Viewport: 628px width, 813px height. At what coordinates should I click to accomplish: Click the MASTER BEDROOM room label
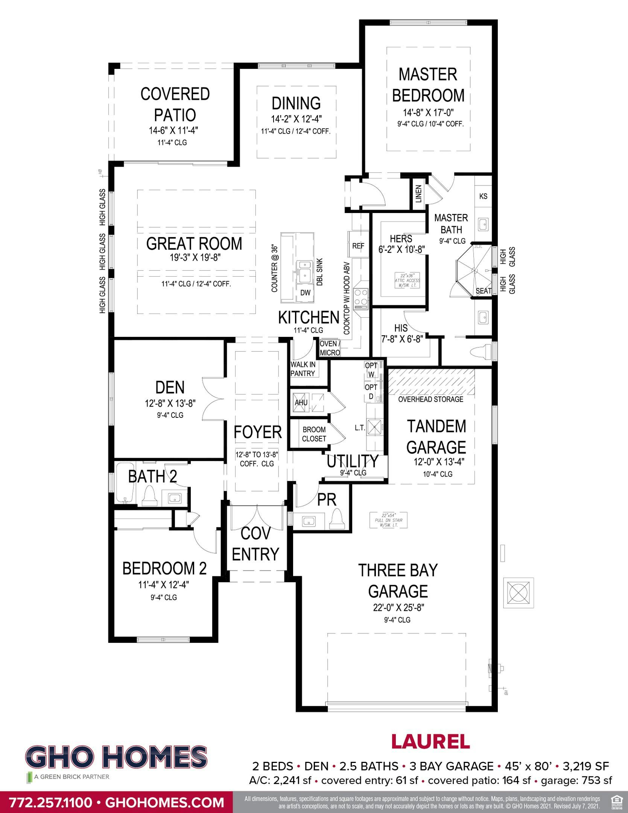(428, 85)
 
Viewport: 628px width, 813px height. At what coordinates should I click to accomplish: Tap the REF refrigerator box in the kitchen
(358, 246)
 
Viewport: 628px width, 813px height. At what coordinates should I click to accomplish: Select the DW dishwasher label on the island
(305, 293)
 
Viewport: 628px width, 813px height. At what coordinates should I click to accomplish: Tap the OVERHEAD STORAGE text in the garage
(430, 399)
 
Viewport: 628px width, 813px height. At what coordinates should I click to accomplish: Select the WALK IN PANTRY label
(303, 369)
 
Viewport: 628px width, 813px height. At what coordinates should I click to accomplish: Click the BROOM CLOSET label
(314, 434)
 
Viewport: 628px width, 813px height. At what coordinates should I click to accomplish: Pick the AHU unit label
(301, 402)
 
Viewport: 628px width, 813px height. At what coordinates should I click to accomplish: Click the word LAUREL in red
(430, 742)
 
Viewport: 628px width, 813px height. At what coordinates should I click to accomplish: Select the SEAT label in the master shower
(483, 291)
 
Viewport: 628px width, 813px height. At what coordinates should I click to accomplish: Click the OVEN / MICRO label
(330, 349)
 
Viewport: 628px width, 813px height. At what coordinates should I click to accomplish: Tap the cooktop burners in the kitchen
(362, 297)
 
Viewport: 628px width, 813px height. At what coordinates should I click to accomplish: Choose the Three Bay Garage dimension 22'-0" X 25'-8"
(398, 607)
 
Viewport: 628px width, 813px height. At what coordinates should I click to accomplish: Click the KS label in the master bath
(483, 196)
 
